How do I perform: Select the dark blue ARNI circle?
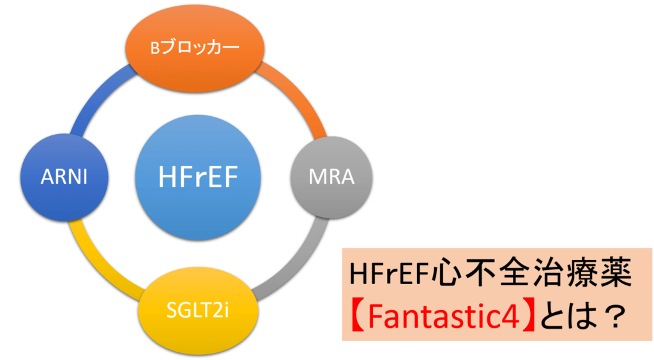tap(64, 176)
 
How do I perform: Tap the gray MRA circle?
tap(331, 176)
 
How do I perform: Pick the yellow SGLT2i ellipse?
tap(198, 311)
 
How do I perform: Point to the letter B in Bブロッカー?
tap(155, 49)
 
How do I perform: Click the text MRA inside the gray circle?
tap(331, 176)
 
